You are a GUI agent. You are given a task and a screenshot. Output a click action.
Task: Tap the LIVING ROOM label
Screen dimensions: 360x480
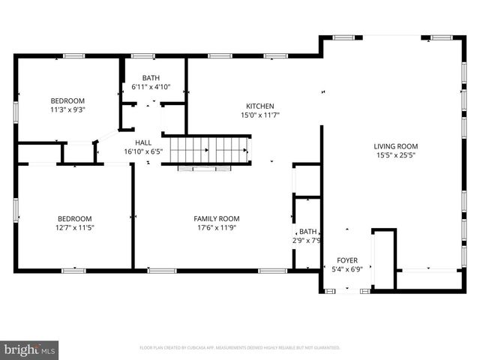point(396,146)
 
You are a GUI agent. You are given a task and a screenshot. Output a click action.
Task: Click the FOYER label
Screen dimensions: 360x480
point(347,259)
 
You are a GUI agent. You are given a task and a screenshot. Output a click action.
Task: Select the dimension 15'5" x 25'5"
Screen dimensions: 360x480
point(396,156)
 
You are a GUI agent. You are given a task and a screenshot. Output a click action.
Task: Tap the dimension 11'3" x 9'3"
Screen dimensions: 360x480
point(67,109)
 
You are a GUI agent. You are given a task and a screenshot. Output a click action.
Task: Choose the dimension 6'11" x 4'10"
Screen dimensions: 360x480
point(151,86)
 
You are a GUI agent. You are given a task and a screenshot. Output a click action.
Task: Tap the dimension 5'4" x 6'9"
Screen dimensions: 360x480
point(347,268)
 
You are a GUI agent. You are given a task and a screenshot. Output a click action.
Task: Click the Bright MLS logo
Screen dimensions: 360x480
point(30,349)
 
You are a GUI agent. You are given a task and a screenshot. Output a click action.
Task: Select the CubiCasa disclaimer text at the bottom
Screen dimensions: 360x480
point(240,348)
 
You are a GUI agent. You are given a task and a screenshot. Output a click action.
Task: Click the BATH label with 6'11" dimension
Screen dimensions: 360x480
point(151,77)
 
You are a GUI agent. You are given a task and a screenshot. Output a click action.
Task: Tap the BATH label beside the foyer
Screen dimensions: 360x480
point(307,232)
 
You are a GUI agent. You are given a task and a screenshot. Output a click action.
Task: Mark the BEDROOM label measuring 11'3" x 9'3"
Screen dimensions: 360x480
point(67,100)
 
